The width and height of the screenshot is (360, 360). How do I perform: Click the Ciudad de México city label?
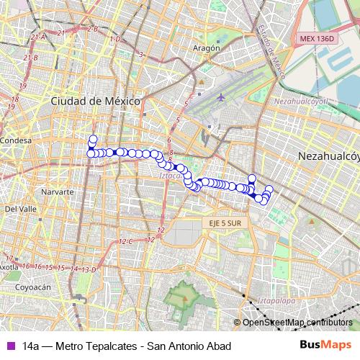94,102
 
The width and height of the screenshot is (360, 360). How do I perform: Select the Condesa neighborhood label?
14,140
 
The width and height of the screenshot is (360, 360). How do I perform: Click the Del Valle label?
21,209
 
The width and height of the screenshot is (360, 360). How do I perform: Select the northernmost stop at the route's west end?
92,139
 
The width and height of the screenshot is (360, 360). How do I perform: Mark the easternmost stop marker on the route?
269,189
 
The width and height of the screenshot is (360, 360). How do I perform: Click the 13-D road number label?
88,269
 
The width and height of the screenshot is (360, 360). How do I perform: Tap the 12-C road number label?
126,241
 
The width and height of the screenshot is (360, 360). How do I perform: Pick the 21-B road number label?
30,57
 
